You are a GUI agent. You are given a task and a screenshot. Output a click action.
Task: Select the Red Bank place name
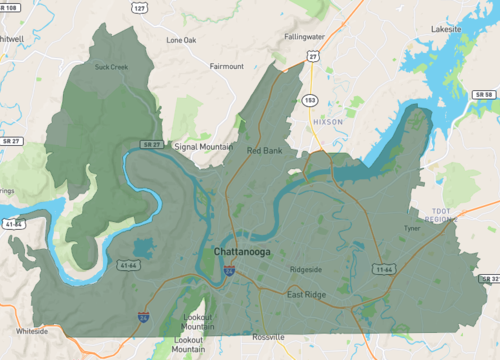click(265, 150)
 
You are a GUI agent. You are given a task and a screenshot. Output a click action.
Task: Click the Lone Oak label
click(182, 41)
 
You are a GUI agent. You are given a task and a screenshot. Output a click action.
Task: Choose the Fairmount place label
click(226, 67)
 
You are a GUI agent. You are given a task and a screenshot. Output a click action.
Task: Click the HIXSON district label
click(327, 121)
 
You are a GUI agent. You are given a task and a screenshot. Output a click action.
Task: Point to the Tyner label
click(412, 228)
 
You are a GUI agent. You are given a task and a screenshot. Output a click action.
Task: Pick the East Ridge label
click(308, 295)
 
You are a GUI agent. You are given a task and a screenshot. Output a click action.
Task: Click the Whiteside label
click(31, 330)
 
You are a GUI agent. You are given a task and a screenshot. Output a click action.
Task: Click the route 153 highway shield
click(311, 100)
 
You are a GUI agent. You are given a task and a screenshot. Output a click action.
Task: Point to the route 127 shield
click(140, 7)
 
